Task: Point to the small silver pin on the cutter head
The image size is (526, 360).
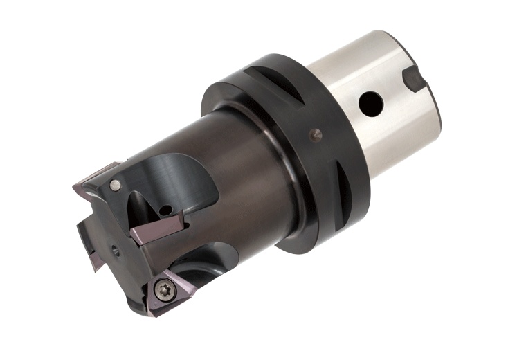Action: [115, 184]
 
